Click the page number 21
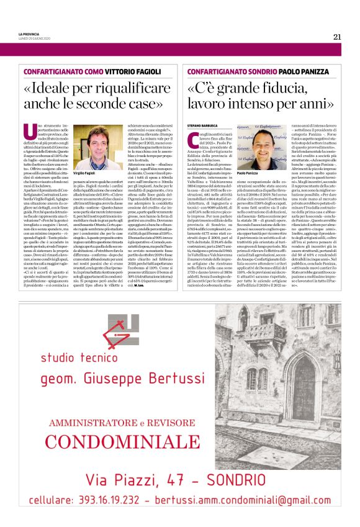click(337, 37)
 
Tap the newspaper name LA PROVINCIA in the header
click(29, 34)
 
